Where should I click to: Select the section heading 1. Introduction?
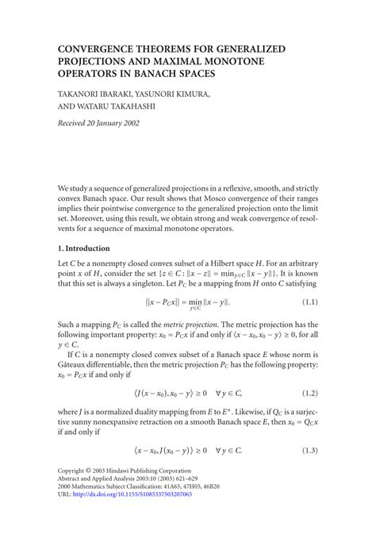[x=89, y=248]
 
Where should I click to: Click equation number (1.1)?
[x=309, y=302]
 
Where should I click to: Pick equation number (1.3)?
[x=309, y=450]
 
